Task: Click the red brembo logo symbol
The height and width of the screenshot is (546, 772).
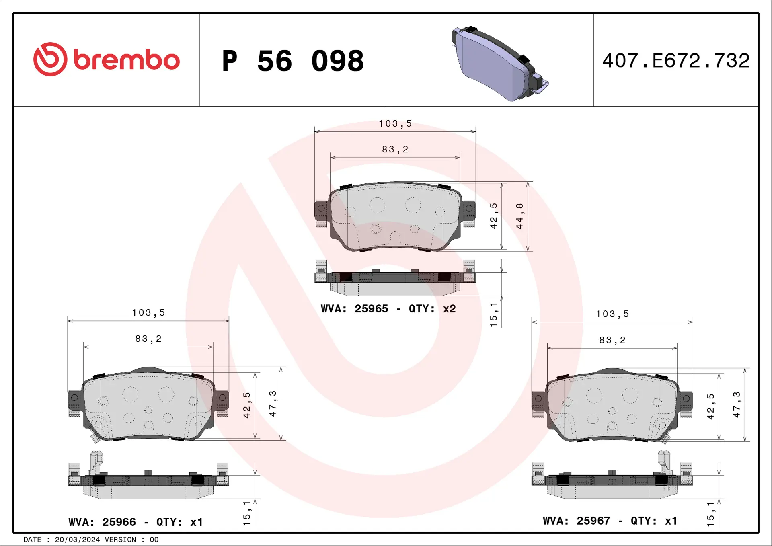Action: [50, 59]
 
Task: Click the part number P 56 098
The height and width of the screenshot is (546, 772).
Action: [293, 61]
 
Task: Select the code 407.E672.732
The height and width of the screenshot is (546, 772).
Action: [675, 61]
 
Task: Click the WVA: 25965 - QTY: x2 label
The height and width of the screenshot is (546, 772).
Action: [388, 309]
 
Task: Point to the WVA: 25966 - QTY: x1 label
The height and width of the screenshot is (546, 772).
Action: [136, 522]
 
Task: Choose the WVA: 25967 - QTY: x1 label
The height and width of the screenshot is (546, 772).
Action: [610, 521]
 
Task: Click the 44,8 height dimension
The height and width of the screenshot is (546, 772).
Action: [519, 216]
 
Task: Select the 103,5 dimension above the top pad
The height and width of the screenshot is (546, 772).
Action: [395, 124]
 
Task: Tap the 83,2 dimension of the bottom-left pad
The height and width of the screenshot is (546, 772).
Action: [148, 339]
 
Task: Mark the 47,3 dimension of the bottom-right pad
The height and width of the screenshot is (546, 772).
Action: [736, 404]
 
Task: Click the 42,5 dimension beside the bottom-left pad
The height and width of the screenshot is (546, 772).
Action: [246, 405]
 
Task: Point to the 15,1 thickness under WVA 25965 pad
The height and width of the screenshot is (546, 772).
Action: [493, 314]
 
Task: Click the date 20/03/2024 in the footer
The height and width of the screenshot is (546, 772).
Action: [77, 540]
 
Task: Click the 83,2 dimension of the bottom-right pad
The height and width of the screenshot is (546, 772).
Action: [612, 340]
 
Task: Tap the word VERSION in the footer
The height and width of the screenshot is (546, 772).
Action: [120, 540]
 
